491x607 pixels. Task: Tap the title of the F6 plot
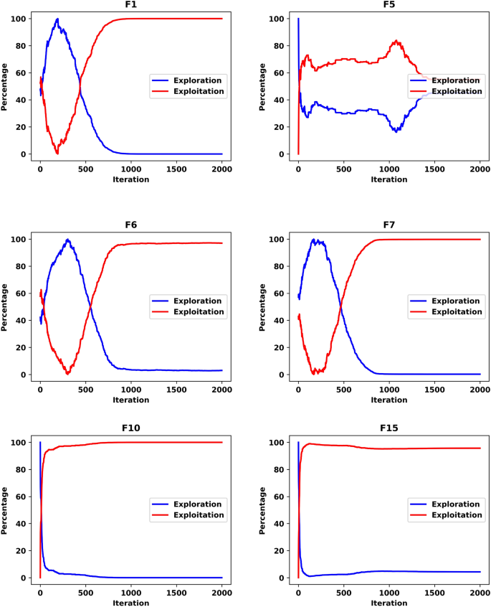point(130,225)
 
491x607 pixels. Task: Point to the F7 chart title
point(388,225)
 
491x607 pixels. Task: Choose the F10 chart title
point(130,428)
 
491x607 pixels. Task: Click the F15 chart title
point(388,428)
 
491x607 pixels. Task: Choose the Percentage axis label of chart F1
point(6,86)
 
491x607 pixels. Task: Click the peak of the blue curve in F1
point(57,19)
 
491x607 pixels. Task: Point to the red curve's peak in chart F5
point(396,41)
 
